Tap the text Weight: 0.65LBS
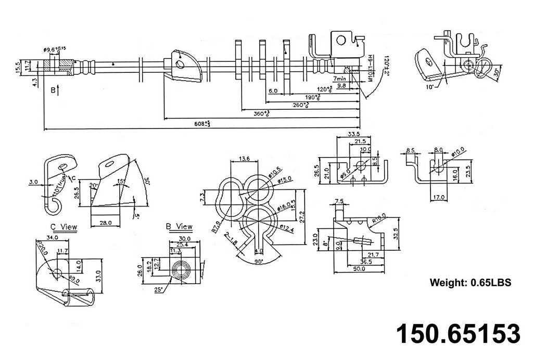tap(470, 282)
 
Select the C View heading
tap(64, 227)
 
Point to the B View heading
tap(179, 227)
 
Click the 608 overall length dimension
tap(202, 123)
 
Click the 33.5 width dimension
tap(354, 134)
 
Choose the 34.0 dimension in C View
tap(53, 238)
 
